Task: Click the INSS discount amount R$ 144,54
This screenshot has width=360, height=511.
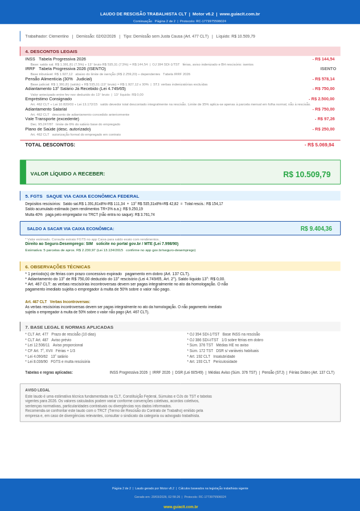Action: [x=323, y=59]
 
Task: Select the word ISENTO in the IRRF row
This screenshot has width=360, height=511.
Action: [x=328, y=69]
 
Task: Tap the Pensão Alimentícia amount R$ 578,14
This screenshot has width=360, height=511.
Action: [x=323, y=79]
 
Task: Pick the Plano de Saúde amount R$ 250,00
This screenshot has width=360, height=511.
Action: [x=323, y=129]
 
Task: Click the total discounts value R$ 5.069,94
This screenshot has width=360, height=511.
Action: [x=319, y=145]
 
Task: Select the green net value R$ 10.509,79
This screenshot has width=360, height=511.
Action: [x=306, y=174]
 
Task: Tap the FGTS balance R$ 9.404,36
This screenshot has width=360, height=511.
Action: [x=316, y=228]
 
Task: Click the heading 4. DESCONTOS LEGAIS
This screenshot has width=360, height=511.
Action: [x=51, y=52]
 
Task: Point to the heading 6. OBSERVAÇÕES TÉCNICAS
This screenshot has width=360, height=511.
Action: [x=58, y=267]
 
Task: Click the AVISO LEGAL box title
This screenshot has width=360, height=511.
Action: [x=37, y=390]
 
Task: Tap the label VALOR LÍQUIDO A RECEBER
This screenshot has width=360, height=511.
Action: [x=67, y=174]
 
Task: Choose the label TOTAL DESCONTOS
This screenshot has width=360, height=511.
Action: [x=50, y=145]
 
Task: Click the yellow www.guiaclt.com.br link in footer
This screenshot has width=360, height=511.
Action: [x=181, y=506]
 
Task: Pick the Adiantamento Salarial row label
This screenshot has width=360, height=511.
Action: [x=46, y=109]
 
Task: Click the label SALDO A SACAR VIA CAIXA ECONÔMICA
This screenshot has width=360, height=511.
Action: [x=70, y=228]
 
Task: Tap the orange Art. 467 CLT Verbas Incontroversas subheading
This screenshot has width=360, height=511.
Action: [x=57, y=302]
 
